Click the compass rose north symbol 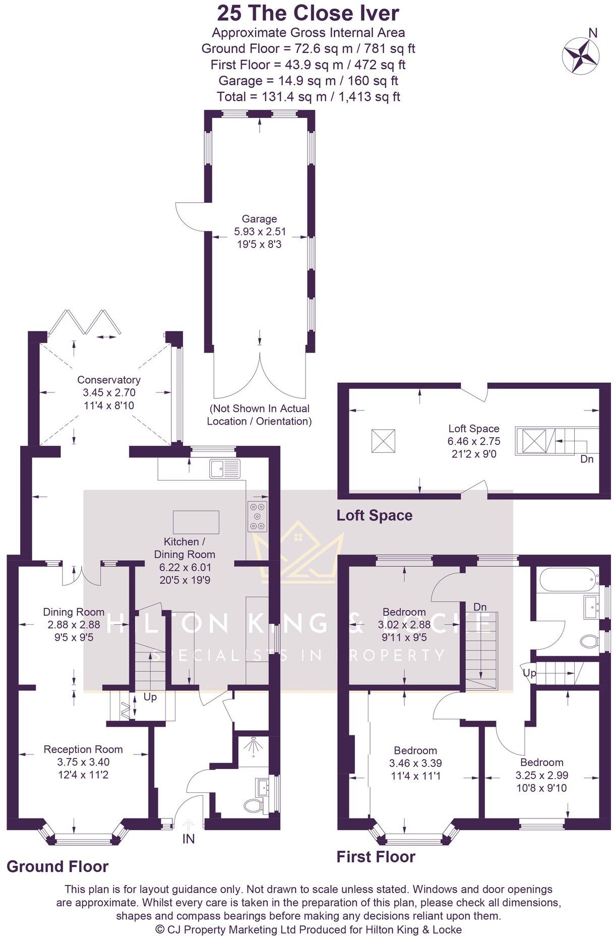tap(581, 54)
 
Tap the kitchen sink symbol tap(225, 468)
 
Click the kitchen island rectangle tap(196, 522)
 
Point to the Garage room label tap(259, 219)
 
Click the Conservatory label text tap(108, 380)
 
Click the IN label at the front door tap(189, 839)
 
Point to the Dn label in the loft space tap(587, 459)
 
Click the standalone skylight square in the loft tap(383, 441)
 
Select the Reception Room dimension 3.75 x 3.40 tap(83, 762)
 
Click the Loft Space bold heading tap(374, 515)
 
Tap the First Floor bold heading tap(376, 857)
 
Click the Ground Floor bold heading tap(57, 867)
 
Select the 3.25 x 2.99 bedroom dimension tap(542, 775)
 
